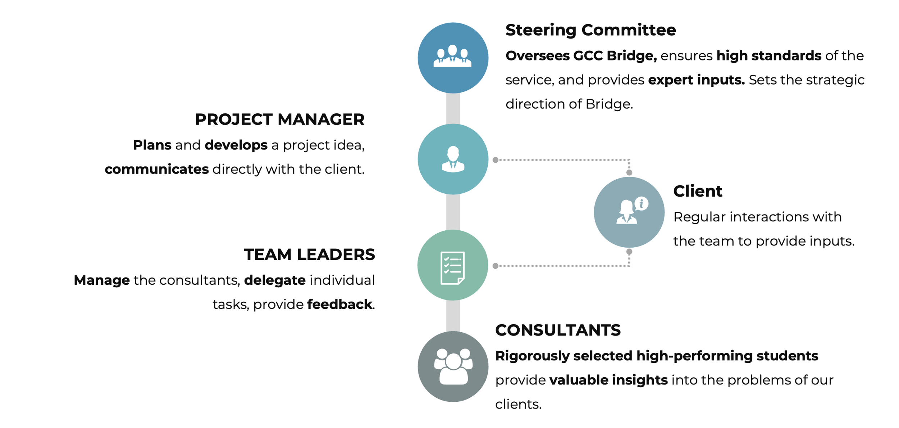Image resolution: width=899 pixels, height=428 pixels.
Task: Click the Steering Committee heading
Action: coord(590,30)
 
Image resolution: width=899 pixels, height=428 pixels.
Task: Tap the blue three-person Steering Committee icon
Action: coord(453,58)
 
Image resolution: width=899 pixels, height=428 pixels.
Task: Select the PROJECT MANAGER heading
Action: coord(279,120)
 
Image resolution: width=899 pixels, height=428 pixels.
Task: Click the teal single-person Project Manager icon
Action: coord(453,159)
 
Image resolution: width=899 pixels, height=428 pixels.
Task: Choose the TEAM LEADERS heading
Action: coord(309,254)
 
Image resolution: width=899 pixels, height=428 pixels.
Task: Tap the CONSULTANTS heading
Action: coord(558,330)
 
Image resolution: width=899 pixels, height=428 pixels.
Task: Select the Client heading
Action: coord(698,191)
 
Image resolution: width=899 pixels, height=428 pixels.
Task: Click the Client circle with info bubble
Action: coord(629,212)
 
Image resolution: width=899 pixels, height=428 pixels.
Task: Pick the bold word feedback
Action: coord(339,305)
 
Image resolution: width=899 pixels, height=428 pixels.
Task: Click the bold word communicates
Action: coord(156,169)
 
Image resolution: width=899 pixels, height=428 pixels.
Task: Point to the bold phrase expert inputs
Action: coord(696,80)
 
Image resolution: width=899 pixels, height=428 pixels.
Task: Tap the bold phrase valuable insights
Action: coord(608,380)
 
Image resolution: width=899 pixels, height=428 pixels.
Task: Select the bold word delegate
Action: coord(275,280)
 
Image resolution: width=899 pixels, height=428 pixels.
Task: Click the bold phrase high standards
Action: coord(769,56)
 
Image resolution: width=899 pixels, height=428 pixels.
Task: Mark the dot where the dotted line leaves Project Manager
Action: coord(496,160)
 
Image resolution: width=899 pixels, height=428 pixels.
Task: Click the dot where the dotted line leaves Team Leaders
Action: coord(496,266)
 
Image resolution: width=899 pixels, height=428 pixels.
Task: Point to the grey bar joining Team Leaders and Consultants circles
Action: coord(453,316)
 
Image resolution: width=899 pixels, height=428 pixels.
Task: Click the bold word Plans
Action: coord(152,145)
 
